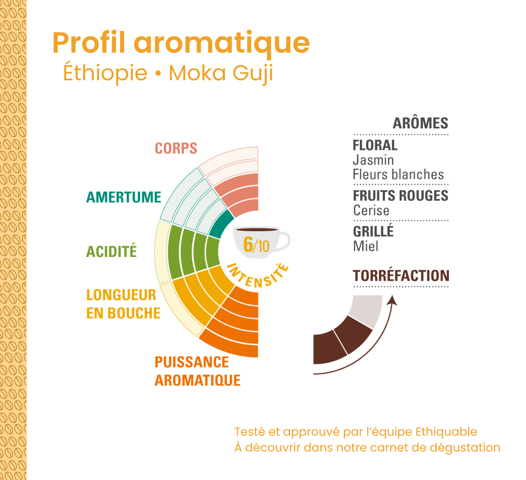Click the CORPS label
176,148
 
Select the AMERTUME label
124,197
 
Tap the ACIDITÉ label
111,251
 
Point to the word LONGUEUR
121,295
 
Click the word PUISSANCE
192,362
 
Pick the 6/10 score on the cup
256,245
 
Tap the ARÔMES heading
420,123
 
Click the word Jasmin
373,160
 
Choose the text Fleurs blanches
398,175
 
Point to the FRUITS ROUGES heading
401,195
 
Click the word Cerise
371,210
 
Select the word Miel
366,246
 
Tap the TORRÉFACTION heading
401,276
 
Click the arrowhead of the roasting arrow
392,301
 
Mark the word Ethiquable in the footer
446,432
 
